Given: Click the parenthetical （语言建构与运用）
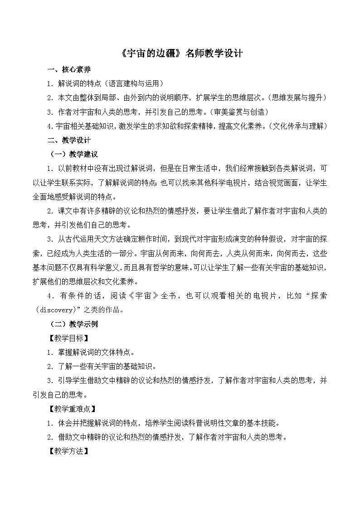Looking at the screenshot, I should [132, 84].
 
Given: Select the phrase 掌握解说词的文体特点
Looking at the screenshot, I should [96, 353].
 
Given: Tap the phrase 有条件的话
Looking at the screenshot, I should [80, 296].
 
